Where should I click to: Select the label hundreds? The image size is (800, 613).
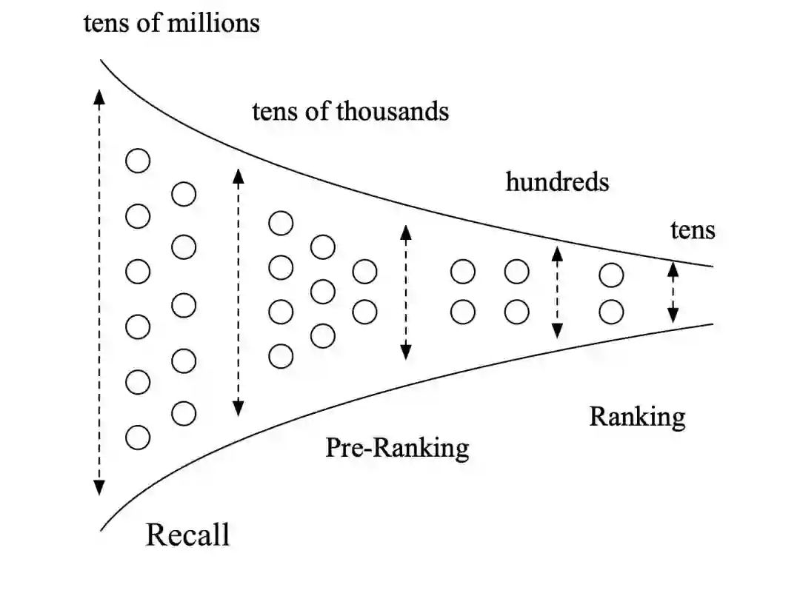pos(557,181)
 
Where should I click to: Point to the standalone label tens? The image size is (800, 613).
pos(693,230)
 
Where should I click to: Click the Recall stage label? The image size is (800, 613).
pos(187,534)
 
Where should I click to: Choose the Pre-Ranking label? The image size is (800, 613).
pos(397,448)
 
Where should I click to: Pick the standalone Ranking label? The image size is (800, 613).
pos(637,417)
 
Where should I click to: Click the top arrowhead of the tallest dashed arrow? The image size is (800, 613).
pos(99,94)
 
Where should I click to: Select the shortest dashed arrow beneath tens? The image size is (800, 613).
pos(673,293)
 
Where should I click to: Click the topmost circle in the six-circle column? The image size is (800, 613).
pos(138,161)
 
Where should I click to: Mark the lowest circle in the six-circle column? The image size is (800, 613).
pos(138,438)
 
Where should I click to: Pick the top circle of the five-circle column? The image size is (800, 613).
pos(184,195)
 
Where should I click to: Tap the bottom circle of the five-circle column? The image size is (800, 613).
pos(184,414)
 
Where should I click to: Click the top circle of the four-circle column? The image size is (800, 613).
pos(281,223)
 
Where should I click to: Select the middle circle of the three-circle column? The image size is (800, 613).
pos(322,292)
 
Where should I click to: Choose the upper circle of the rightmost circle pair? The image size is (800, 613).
pos(611,275)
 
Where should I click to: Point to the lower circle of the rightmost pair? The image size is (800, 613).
pos(611,312)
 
